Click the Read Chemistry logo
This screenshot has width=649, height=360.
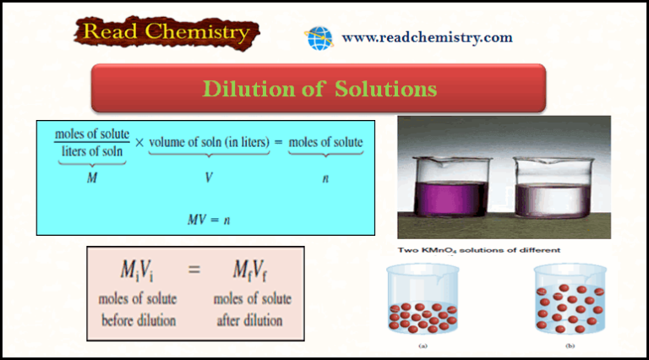coord(166,33)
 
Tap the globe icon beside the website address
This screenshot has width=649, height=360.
coord(319,38)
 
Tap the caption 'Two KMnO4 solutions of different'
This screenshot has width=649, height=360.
coord(472,250)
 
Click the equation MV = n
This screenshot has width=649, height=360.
coord(209,219)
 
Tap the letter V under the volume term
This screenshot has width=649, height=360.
coord(209,178)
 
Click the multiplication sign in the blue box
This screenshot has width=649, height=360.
coord(139,143)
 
